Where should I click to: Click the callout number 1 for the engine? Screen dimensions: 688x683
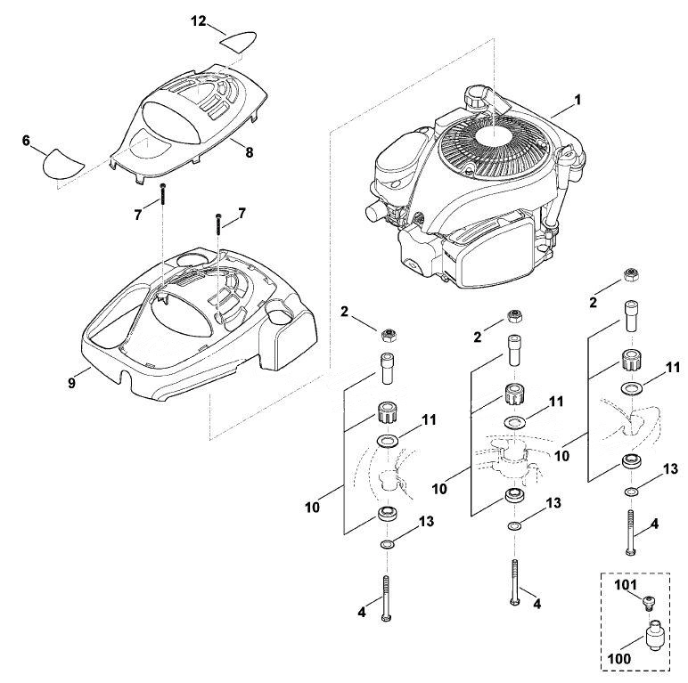tap(577, 101)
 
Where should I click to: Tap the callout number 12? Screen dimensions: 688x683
tap(199, 20)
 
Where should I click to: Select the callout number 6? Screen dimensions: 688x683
tap(26, 141)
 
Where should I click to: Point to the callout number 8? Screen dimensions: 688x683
tap(250, 152)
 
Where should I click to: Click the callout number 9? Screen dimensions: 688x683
tap(71, 383)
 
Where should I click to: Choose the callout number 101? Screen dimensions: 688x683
tap(626, 585)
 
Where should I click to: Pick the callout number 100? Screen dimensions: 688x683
tap(620, 658)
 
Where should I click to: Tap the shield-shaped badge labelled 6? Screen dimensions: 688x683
tap(62, 164)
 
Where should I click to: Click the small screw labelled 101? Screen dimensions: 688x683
tap(648, 604)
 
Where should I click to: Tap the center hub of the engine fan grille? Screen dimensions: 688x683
tap(494, 137)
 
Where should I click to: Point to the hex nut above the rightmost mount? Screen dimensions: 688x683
tap(631, 275)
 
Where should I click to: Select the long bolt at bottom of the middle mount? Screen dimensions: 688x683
tap(515, 582)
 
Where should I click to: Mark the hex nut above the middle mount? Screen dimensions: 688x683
tap(513, 316)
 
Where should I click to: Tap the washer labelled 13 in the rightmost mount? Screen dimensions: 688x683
tap(631, 492)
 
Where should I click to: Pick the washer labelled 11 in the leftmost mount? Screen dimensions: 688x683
tap(388, 441)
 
